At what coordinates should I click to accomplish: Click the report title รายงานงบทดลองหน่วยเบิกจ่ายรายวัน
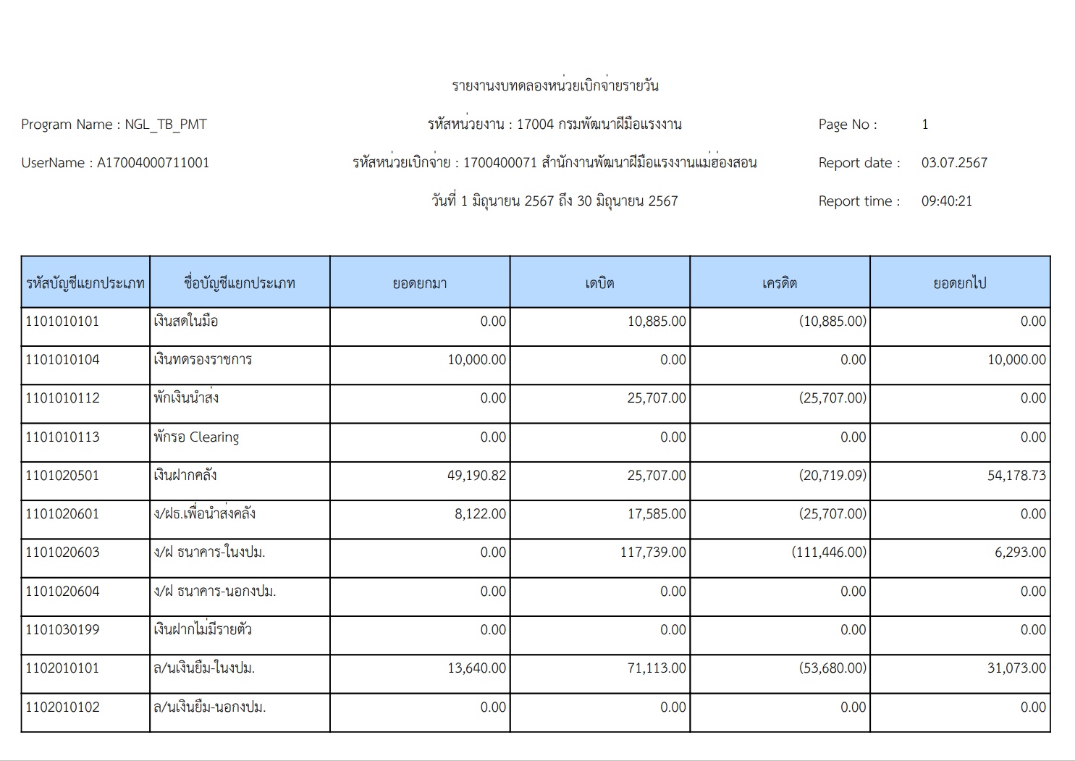555,85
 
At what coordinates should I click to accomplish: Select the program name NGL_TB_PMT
166,125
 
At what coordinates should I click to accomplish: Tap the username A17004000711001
153,163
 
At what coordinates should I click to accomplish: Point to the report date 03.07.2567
954,163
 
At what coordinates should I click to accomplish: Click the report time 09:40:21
946,201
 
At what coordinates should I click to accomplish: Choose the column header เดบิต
599,283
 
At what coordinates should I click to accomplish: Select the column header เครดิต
780,283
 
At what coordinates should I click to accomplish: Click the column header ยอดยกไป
959,283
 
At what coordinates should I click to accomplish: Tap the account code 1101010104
62,360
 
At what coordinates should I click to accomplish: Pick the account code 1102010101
62,668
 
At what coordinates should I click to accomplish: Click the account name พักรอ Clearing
196,437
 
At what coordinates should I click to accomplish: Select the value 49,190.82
477,476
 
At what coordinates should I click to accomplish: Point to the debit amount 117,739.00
653,552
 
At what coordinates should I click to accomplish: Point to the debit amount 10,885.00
657,321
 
